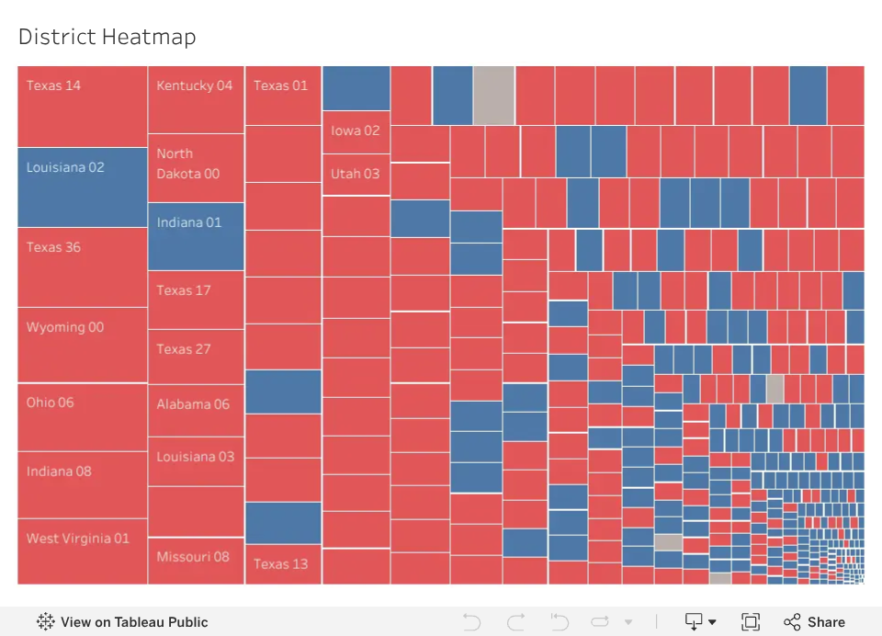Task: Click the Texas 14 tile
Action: tap(82, 107)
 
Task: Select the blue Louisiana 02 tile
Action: tap(82, 187)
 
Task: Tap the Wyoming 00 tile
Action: tap(82, 345)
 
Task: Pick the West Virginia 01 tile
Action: tap(82, 551)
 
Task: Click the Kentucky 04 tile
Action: tap(196, 99)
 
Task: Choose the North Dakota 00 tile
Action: tap(196, 167)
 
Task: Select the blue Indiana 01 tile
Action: tap(196, 236)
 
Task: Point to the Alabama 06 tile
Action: tap(196, 410)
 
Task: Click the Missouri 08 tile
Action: tap(196, 562)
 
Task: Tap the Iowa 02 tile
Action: tap(356, 132)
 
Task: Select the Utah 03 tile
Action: tap(356, 175)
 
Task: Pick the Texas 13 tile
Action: tap(283, 564)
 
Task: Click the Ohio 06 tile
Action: tap(82, 417)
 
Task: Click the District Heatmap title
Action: tap(107, 37)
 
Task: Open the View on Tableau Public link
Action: tap(122, 622)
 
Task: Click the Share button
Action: tap(815, 622)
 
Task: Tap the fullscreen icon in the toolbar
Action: tap(751, 622)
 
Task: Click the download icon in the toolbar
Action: tap(700, 622)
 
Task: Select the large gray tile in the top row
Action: tap(494, 95)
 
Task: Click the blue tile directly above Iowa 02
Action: tap(356, 88)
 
